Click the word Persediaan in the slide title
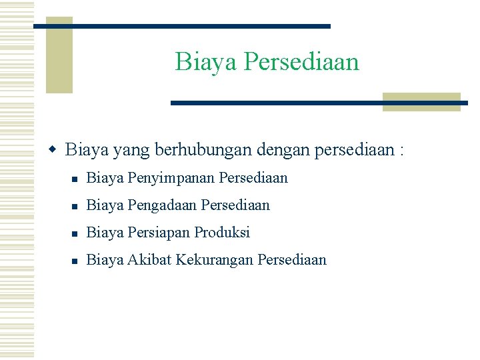(x=301, y=62)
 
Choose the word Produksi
(x=222, y=233)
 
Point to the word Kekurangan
(x=214, y=260)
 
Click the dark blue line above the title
(x=181, y=26)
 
